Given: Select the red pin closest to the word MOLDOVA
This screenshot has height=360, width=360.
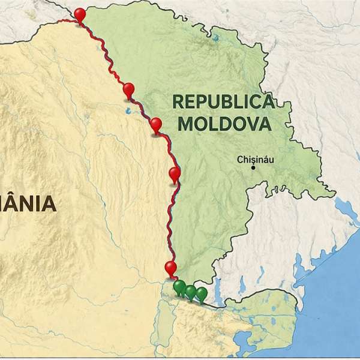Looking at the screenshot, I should tap(157, 125).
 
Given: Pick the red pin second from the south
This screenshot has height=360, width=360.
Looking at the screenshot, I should tap(175, 175).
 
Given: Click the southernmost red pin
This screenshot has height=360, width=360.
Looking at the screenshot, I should tap(171, 268).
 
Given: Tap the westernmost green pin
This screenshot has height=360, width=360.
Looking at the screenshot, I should tap(179, 287).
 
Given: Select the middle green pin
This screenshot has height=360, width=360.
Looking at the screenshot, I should tap(190, 292).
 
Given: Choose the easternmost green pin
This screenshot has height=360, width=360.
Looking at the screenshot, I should tap(202, 293).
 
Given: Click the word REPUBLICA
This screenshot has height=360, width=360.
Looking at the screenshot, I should tap(223, 101).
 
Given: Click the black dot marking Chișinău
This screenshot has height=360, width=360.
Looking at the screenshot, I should tap(253, 168).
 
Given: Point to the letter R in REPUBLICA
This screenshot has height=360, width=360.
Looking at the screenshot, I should tap(178, 101).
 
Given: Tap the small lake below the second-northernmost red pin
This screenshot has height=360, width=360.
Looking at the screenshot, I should tap(128, 111).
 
